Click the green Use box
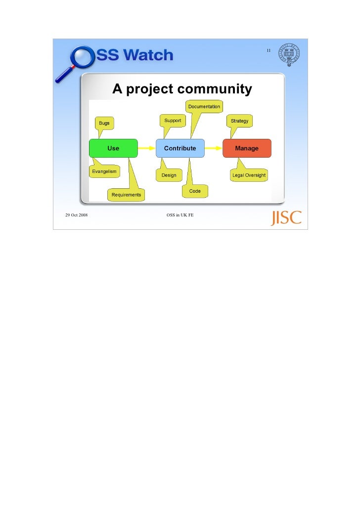click(113, 148)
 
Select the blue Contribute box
click(180, 148)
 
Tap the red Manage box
click(247, 148)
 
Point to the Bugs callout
click(104, 123)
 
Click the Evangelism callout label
click(104, 171)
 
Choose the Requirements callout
click(126, 195)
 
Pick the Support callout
click(173, 121)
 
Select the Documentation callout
click(204, 107)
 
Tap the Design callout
click(169, 175)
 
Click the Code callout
click(195, 191)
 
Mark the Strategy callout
click(240, 121)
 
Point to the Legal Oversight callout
click(249, 175)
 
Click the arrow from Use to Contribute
click(146, 148)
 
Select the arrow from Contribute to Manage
click(214, 148)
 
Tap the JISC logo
click(286, 218)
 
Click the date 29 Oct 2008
click(77, 215)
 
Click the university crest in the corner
click(289, 55)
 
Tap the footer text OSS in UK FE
click(180, 215)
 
